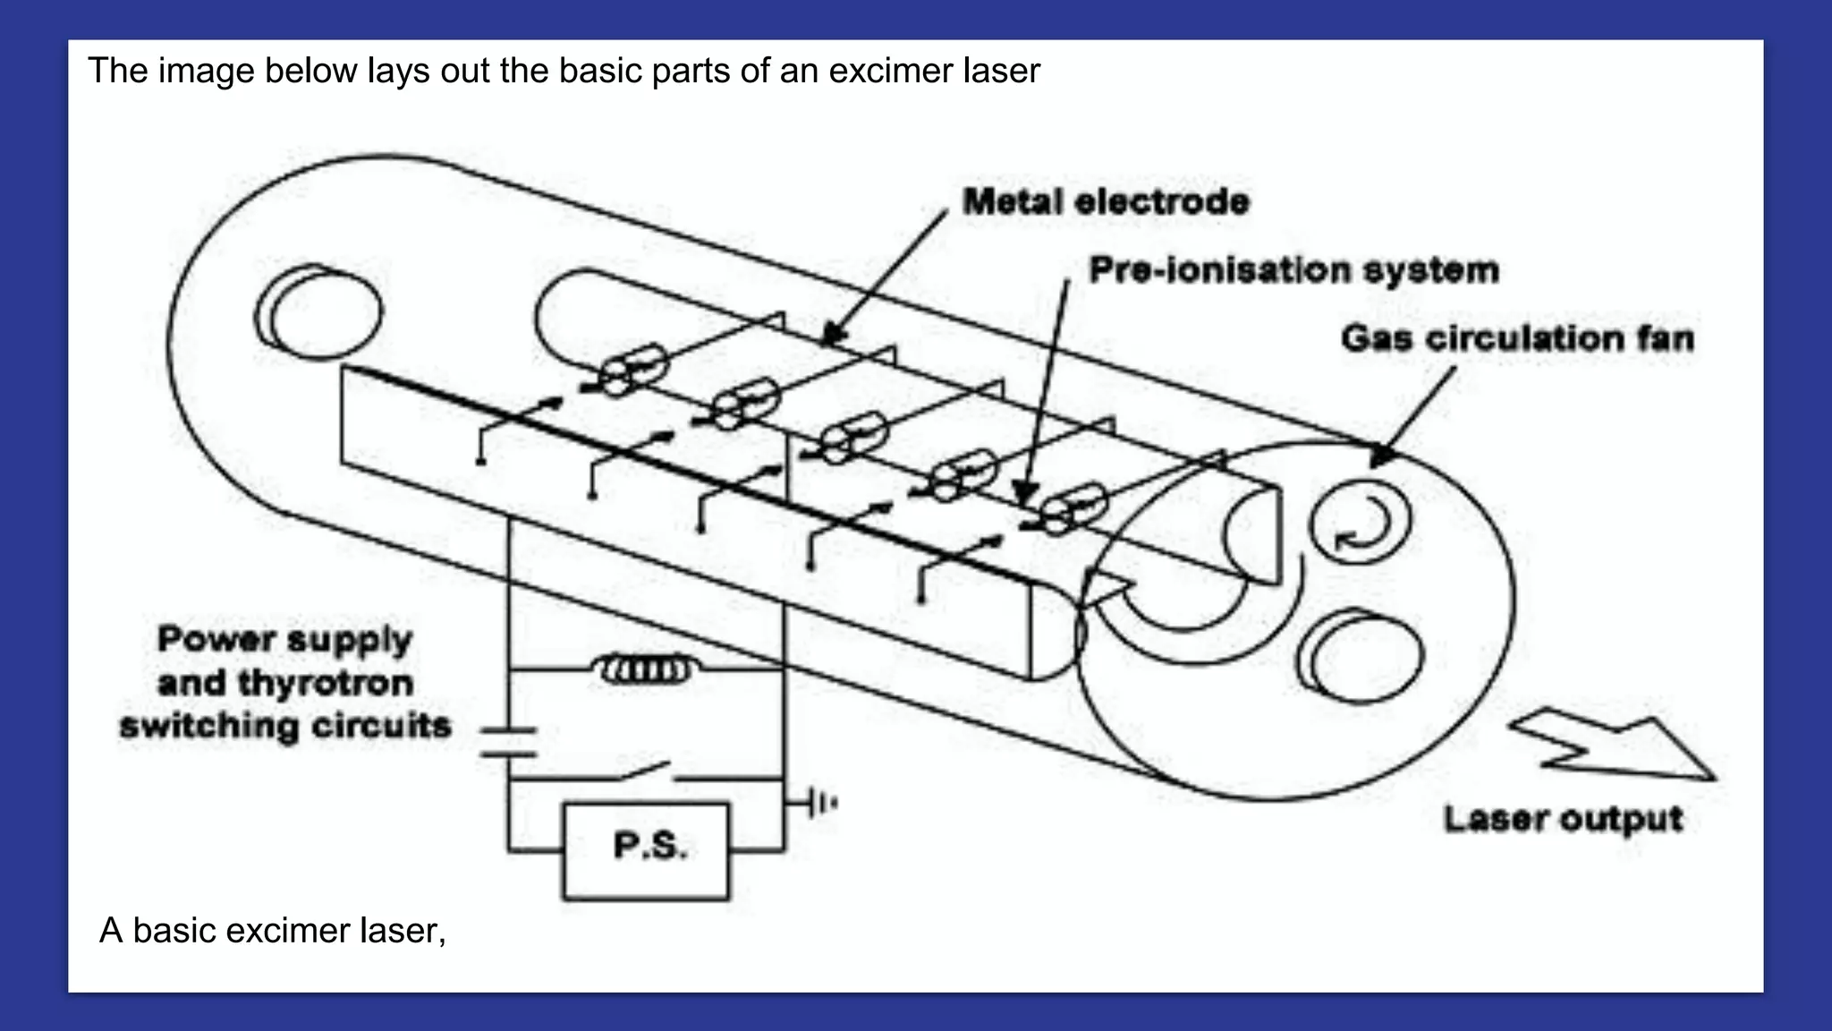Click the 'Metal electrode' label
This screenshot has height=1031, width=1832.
pyautogui.click(x=1106, y=201)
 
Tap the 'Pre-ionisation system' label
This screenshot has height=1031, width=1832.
pyautogui.click(x=1293, y=269)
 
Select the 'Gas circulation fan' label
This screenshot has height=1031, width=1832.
pyautogui.click(x=1517, y=338)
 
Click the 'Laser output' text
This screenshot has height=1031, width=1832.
pyautogui.click(x=1563, y=819)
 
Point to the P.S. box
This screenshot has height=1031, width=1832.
pyautogui.click(x=646, y=850)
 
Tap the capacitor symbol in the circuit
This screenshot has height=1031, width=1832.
pyautogui.click(x=508, y=743)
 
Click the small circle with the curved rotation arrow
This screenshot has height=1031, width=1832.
pyautogui.click(x=1360, y=522)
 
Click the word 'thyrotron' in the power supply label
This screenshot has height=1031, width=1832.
pyautogui.click(x=326, y=683)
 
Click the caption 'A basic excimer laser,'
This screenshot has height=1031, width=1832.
pyautogui.click(x=273, y=931)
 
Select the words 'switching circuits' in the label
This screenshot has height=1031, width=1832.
pyautogui.click(x=286, y=726)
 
